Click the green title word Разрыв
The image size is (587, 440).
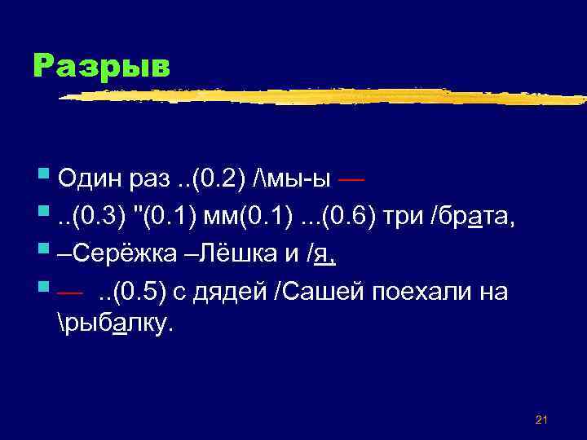[102, 66]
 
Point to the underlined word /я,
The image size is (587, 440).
[326, 256]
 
